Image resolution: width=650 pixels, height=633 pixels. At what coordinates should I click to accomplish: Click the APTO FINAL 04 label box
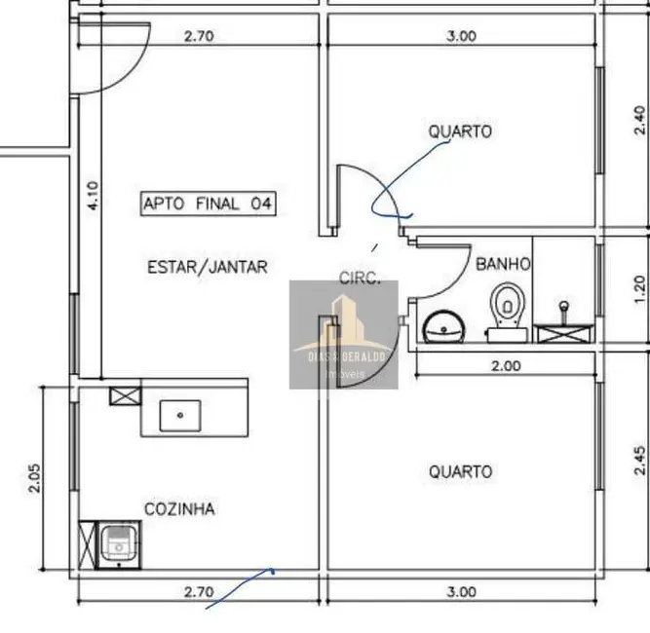[208, 204]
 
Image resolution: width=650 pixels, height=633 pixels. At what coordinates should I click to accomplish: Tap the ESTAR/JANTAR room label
[207, 266]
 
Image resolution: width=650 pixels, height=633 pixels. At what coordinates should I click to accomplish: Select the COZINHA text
[179, 508]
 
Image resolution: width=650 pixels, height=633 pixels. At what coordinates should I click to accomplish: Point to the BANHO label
[503, 264]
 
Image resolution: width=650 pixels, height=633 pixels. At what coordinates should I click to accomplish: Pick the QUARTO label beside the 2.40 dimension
[460, 131]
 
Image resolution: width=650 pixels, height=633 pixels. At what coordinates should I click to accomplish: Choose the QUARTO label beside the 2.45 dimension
[460, 471]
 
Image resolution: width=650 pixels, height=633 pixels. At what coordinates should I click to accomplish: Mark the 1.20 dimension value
[639, 289]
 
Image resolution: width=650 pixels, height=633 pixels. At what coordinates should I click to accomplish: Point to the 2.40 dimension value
[639, 119]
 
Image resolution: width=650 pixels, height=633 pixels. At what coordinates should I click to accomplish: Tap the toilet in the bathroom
[508, 310]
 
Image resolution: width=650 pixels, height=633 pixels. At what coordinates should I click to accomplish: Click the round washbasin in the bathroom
[448, 325]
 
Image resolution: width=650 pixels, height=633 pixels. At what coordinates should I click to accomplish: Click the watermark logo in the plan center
[343, 334]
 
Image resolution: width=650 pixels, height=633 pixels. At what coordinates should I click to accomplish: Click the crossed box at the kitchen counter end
[125, 396]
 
